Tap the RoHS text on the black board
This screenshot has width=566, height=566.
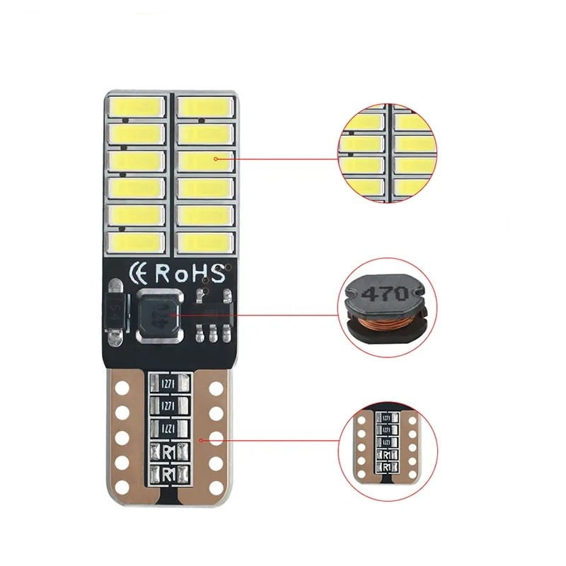point(190,272)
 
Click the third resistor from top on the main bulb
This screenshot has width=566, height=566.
point(168,429)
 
